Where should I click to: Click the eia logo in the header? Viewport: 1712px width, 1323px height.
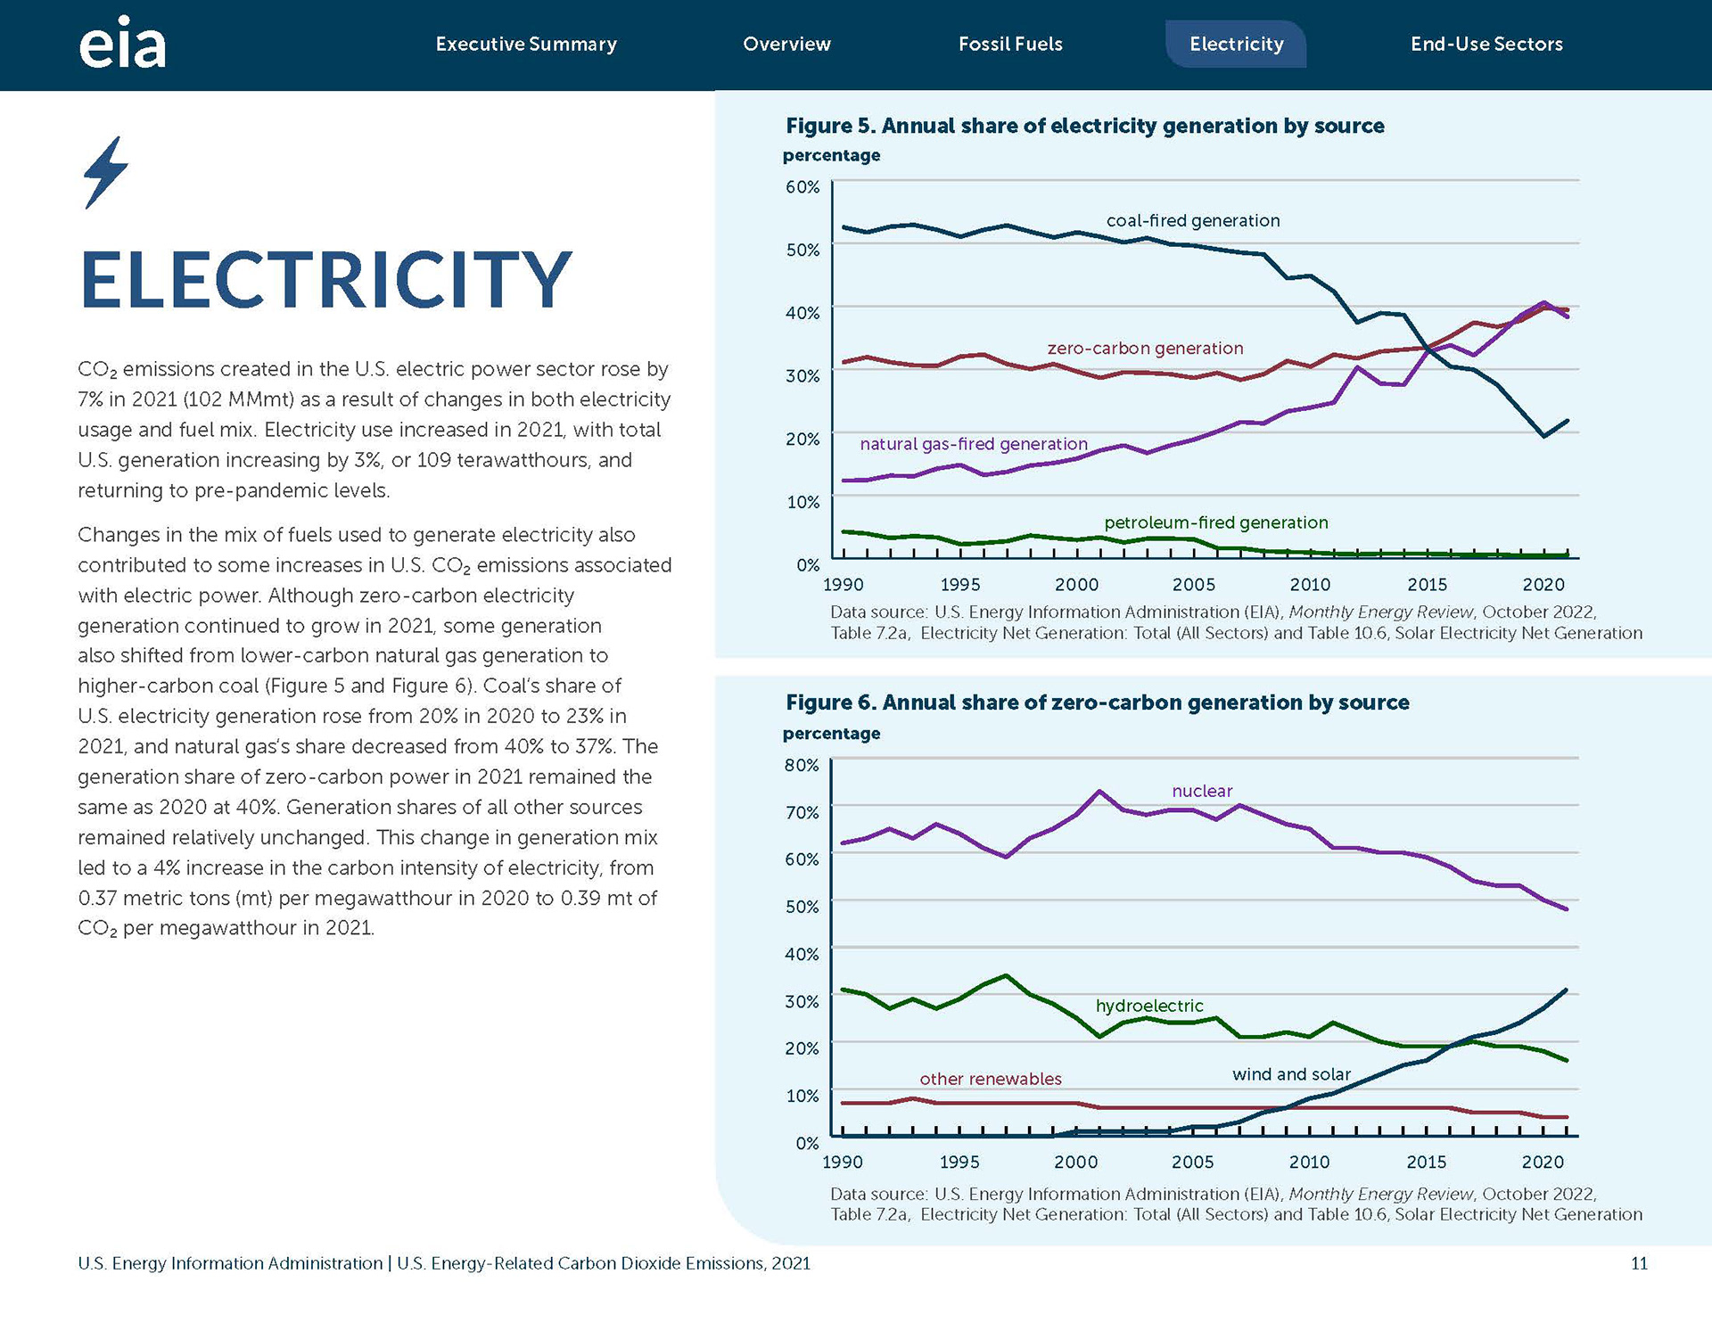[122, 43]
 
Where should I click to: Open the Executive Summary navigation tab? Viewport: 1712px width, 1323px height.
[526, 44]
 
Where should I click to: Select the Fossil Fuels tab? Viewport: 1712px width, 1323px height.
[1010, 44]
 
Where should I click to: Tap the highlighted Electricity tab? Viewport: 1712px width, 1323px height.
[1236, 44]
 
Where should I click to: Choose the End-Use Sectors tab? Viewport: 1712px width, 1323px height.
[1486, 44]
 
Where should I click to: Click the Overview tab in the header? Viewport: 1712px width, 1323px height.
[786, 44]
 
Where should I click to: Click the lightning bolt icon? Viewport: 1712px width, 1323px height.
[106, 173]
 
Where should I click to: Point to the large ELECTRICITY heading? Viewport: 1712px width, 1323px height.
[325, 280]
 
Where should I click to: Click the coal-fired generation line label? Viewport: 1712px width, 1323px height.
[1193, 220]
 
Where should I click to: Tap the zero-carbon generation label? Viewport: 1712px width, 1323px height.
[1145, 348]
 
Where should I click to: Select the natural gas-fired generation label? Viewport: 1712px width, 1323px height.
[974, 444]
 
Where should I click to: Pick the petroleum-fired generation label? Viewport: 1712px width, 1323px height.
[1216, 522]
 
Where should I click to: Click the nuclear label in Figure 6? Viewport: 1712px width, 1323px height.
[1202, 791]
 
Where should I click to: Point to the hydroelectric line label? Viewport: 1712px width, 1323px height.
[1149, 1006]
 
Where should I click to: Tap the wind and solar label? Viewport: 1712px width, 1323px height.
[1291, 1074]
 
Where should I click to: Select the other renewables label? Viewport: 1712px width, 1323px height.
[991, 1079]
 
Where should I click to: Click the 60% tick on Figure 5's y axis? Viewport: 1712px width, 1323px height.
[802, 187]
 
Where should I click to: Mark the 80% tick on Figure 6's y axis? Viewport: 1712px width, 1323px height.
[802, 765]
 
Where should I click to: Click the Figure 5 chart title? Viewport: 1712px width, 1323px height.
[1085, 126]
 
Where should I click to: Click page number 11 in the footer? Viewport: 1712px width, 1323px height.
[1639, 1263]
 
